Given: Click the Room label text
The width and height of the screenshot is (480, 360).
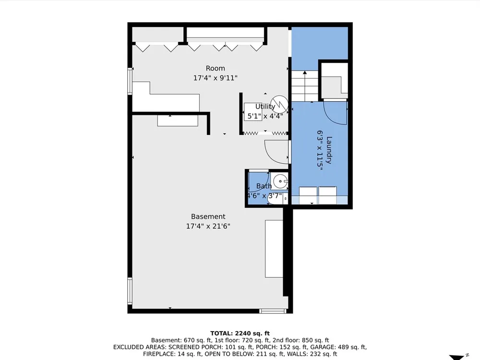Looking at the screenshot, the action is point(215,68).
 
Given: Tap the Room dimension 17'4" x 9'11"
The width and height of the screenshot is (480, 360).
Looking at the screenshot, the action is point(215,78).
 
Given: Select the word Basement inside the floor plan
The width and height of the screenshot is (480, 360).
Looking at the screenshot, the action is point(208,216).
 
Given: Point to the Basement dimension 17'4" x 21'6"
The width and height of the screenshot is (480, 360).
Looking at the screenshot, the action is point(208,226).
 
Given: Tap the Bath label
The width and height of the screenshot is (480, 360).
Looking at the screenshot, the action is point(264,186).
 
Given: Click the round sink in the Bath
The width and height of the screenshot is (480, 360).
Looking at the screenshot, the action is point(280,181).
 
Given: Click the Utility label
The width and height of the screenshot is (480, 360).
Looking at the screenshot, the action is point(265,107).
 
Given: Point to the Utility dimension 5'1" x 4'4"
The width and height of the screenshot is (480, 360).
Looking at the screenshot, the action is point(265,116).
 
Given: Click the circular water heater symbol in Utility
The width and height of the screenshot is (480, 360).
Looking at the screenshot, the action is point(279,104).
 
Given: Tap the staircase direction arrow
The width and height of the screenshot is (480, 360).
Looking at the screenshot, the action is point(305,86).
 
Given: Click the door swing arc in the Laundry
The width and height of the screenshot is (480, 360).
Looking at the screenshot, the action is point(332,118).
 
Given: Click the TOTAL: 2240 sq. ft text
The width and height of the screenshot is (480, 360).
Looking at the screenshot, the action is point(240,334).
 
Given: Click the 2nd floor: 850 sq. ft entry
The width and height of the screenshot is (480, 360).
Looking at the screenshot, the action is point(300,340).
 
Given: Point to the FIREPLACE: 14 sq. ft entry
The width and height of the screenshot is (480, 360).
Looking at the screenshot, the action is point(172,354).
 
